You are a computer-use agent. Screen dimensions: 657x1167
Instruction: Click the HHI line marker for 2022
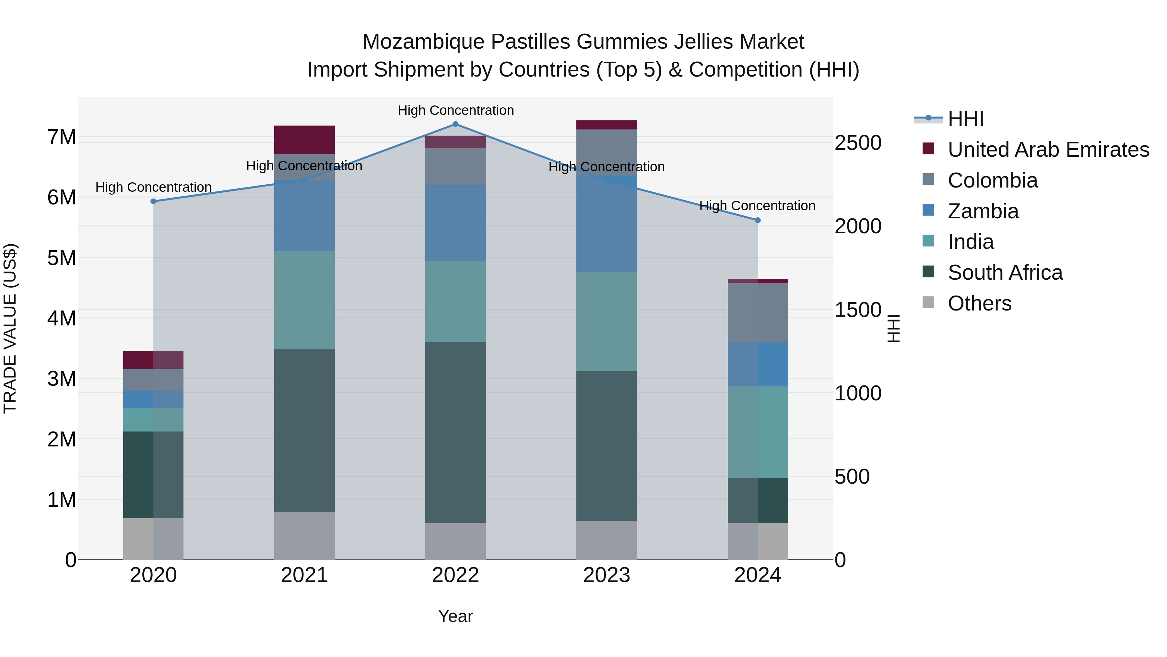click(455, 124)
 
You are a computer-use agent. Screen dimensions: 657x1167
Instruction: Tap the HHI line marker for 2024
click(758, 220)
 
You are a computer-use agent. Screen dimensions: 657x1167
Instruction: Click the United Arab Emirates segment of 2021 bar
click(304, 140)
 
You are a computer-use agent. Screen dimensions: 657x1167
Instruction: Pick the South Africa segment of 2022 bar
click(455, 432)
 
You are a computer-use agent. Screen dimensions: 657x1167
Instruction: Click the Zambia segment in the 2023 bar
click(606, 224)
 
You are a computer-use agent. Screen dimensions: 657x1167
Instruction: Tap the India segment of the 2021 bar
click(304, 300)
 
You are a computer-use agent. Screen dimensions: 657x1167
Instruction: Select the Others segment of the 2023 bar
click(606, 540)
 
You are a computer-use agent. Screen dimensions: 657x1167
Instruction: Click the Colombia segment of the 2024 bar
click(758, 312)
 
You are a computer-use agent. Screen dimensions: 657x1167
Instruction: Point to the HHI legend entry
click(965, 119)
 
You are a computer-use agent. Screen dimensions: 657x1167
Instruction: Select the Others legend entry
click(979, 303)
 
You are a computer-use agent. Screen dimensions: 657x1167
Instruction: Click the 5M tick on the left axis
click(62, 258)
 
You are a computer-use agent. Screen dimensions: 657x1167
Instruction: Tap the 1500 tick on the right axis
click(857, 310)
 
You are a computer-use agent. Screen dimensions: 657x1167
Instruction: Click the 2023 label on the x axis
click(606, 575)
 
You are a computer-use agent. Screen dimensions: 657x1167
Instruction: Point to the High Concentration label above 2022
click(455, 110)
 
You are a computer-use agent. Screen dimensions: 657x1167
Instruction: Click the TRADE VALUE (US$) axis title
click(10, 328)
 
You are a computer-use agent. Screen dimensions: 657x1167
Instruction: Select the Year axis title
click(455, 616)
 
